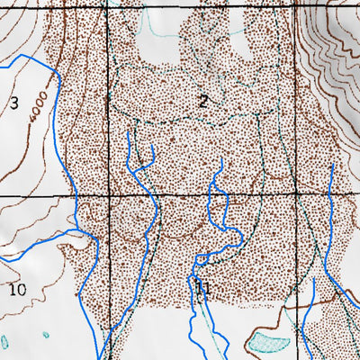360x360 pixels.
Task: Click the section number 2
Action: pyautogui.click(x=203, y=101)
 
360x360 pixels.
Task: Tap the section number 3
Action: pyautogui.click(x=13, y=102)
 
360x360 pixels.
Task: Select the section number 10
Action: pyautogui.click(x=16, y=289)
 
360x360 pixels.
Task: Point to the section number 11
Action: pyautogui.click(x=202, y=289)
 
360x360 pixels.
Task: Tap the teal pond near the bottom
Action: pyautogui.click(x=269, y=339)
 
